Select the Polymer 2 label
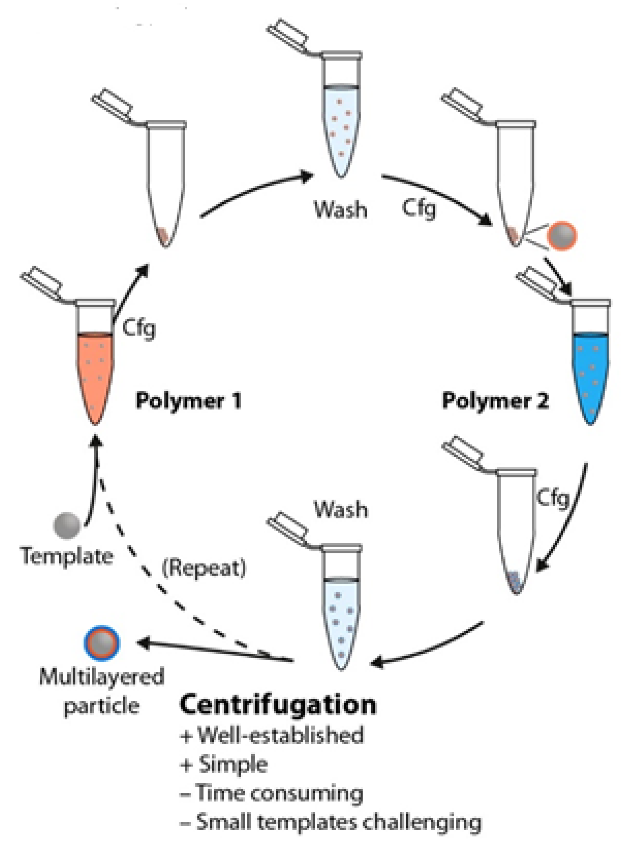click(495, 401)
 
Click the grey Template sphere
click(67, 525)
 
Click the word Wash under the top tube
click(340, 210)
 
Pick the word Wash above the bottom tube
click(341, 510)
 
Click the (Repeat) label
click(204, 568)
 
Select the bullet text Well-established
click(280, 735)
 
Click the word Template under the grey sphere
click(67, 556)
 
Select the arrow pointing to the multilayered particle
click(215, 651)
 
